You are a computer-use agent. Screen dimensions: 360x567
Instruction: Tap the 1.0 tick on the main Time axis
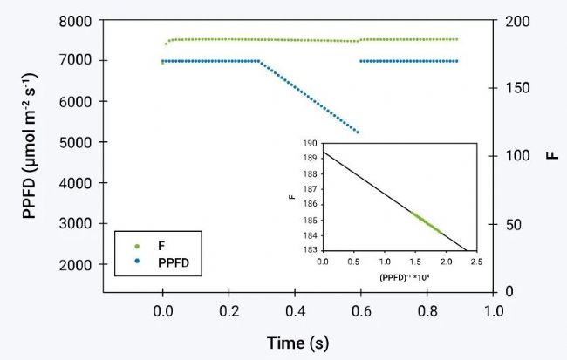pyautogui.click(x=494, y=309)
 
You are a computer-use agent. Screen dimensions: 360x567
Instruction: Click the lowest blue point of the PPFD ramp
pyautogui.click(x=358, y=132)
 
